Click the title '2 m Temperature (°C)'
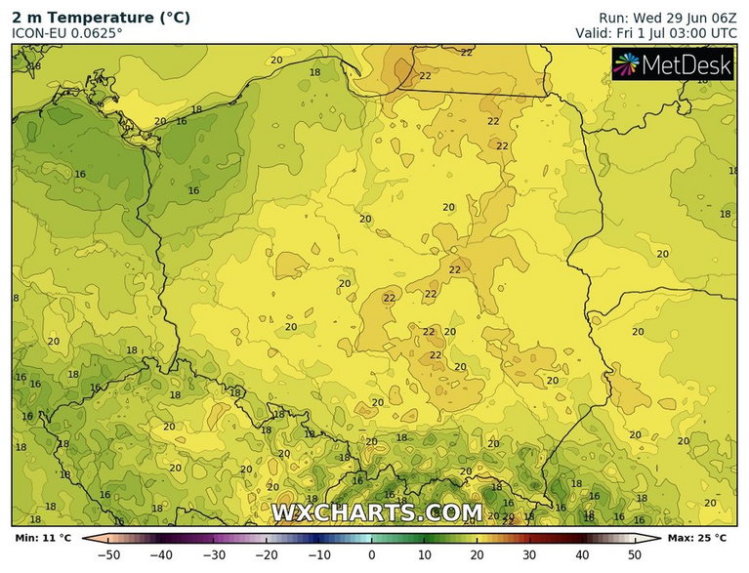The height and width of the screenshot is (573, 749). coord(101,18)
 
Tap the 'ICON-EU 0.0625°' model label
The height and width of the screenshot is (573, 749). coord(67,33)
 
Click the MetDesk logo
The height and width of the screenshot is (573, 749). coord(672,64)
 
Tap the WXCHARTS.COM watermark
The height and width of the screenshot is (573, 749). coord(376,512)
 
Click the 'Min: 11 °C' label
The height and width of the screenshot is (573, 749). coord(43,538)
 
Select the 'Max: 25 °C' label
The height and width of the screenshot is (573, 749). coord(697,538)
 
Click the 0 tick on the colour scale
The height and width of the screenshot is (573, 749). coord(371,555)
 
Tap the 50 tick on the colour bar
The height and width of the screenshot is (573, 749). coord(635,555)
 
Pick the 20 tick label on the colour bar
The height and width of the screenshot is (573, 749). coord(477,555)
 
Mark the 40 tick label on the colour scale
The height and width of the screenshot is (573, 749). coord(582,555)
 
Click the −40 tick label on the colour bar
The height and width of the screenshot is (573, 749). coord(159,555)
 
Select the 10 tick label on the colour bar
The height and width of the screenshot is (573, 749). coord(424,555)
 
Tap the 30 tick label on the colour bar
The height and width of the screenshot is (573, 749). coord(529,555)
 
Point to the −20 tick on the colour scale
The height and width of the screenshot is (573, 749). coord(265,555)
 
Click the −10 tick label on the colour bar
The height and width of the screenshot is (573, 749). coord(317,555)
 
